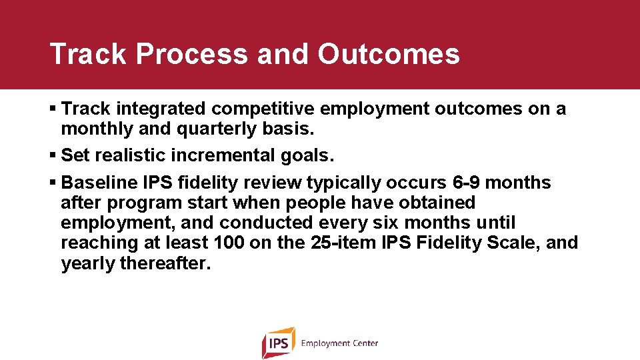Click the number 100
point(230,243)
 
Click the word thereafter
point(165,263)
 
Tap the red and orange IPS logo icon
point(277,343)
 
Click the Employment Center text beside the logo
point(339,343)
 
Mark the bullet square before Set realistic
point(53,156)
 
